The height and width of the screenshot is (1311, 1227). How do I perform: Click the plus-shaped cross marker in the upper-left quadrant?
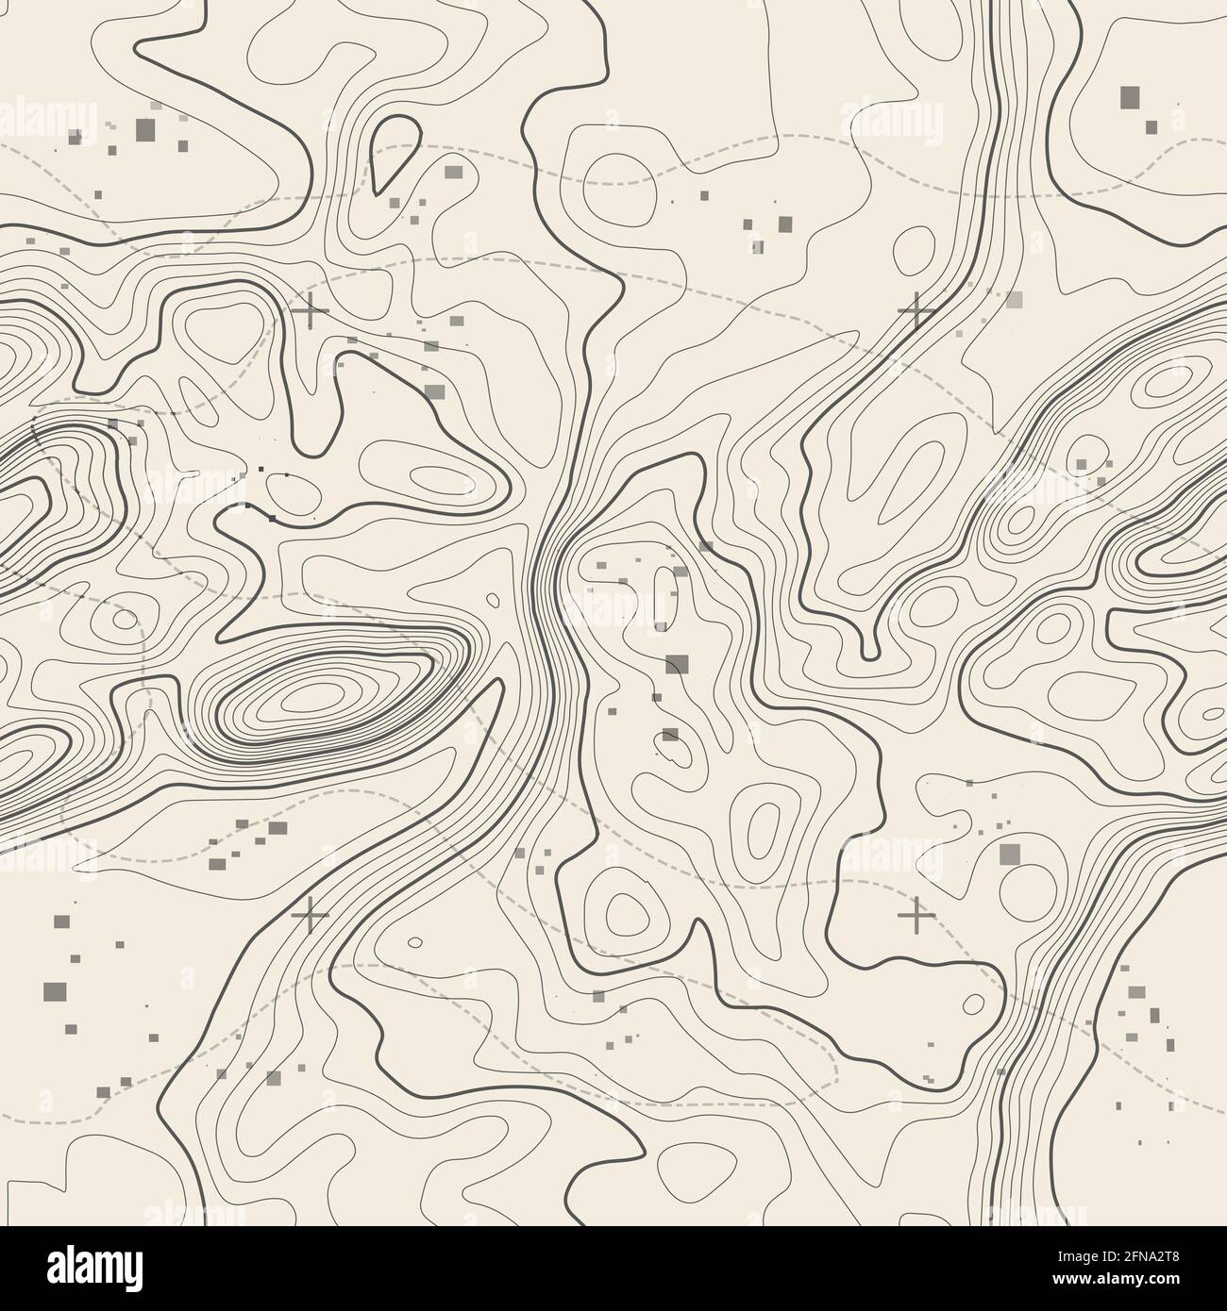(310, 309)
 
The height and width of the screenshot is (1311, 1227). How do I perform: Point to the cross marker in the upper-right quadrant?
(915, 309)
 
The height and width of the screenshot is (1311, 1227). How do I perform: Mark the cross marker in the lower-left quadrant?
(310, 914)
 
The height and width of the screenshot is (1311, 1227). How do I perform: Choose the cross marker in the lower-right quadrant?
(915, 914)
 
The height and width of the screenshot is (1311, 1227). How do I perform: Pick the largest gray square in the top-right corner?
(1130, 96)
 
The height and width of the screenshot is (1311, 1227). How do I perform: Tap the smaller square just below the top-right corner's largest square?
(1151, 126)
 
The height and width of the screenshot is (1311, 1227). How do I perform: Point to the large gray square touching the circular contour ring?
(1010, 854)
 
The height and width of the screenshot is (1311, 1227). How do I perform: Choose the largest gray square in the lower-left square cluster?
(57, 988)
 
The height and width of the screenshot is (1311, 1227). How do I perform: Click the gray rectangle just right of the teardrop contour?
(454, 172)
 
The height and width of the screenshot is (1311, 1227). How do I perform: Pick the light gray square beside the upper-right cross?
(1014, 300)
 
